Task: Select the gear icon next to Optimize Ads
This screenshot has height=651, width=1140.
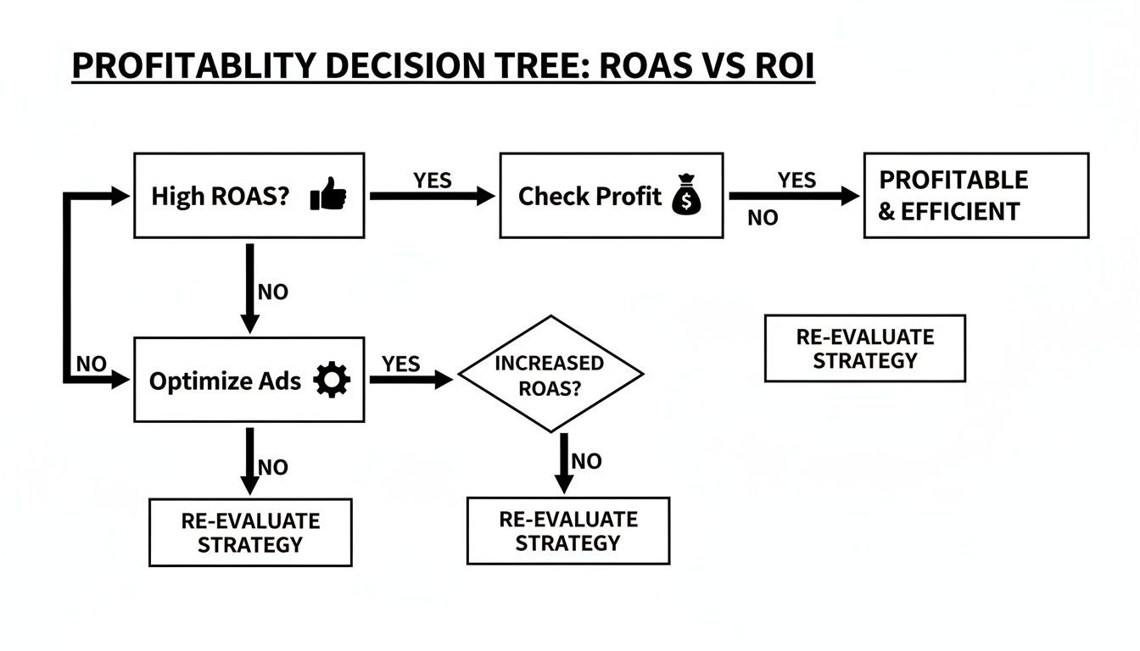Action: [x=331, y=381]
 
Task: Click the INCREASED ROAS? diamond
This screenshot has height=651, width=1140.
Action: [x=550, y=374]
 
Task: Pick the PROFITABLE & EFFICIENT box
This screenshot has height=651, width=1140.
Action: [x=975, y=196]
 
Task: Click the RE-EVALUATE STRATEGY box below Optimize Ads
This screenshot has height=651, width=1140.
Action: [x=250, y=532]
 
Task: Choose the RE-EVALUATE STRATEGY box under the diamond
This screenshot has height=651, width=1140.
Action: [x=567, y=531]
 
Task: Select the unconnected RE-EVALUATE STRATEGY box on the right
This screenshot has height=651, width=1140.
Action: [x=864, y=348]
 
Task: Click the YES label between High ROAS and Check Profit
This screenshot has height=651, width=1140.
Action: [x=433, y=181]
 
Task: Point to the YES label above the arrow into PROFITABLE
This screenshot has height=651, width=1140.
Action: [x=796, y=181]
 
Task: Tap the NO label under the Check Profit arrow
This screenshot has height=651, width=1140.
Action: [x=763, y=218]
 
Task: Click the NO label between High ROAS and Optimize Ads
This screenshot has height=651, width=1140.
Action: [x=273, y=292]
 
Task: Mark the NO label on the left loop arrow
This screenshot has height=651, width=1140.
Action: [x=92, y=364]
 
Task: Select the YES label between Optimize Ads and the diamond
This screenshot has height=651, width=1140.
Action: [x=400, y=364]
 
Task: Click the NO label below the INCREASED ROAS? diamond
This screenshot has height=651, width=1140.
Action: [x=586, y=461]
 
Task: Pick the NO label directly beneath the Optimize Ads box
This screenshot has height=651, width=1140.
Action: [x=273, y=467]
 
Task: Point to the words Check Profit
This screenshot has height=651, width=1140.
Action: [x=590, y=197]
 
